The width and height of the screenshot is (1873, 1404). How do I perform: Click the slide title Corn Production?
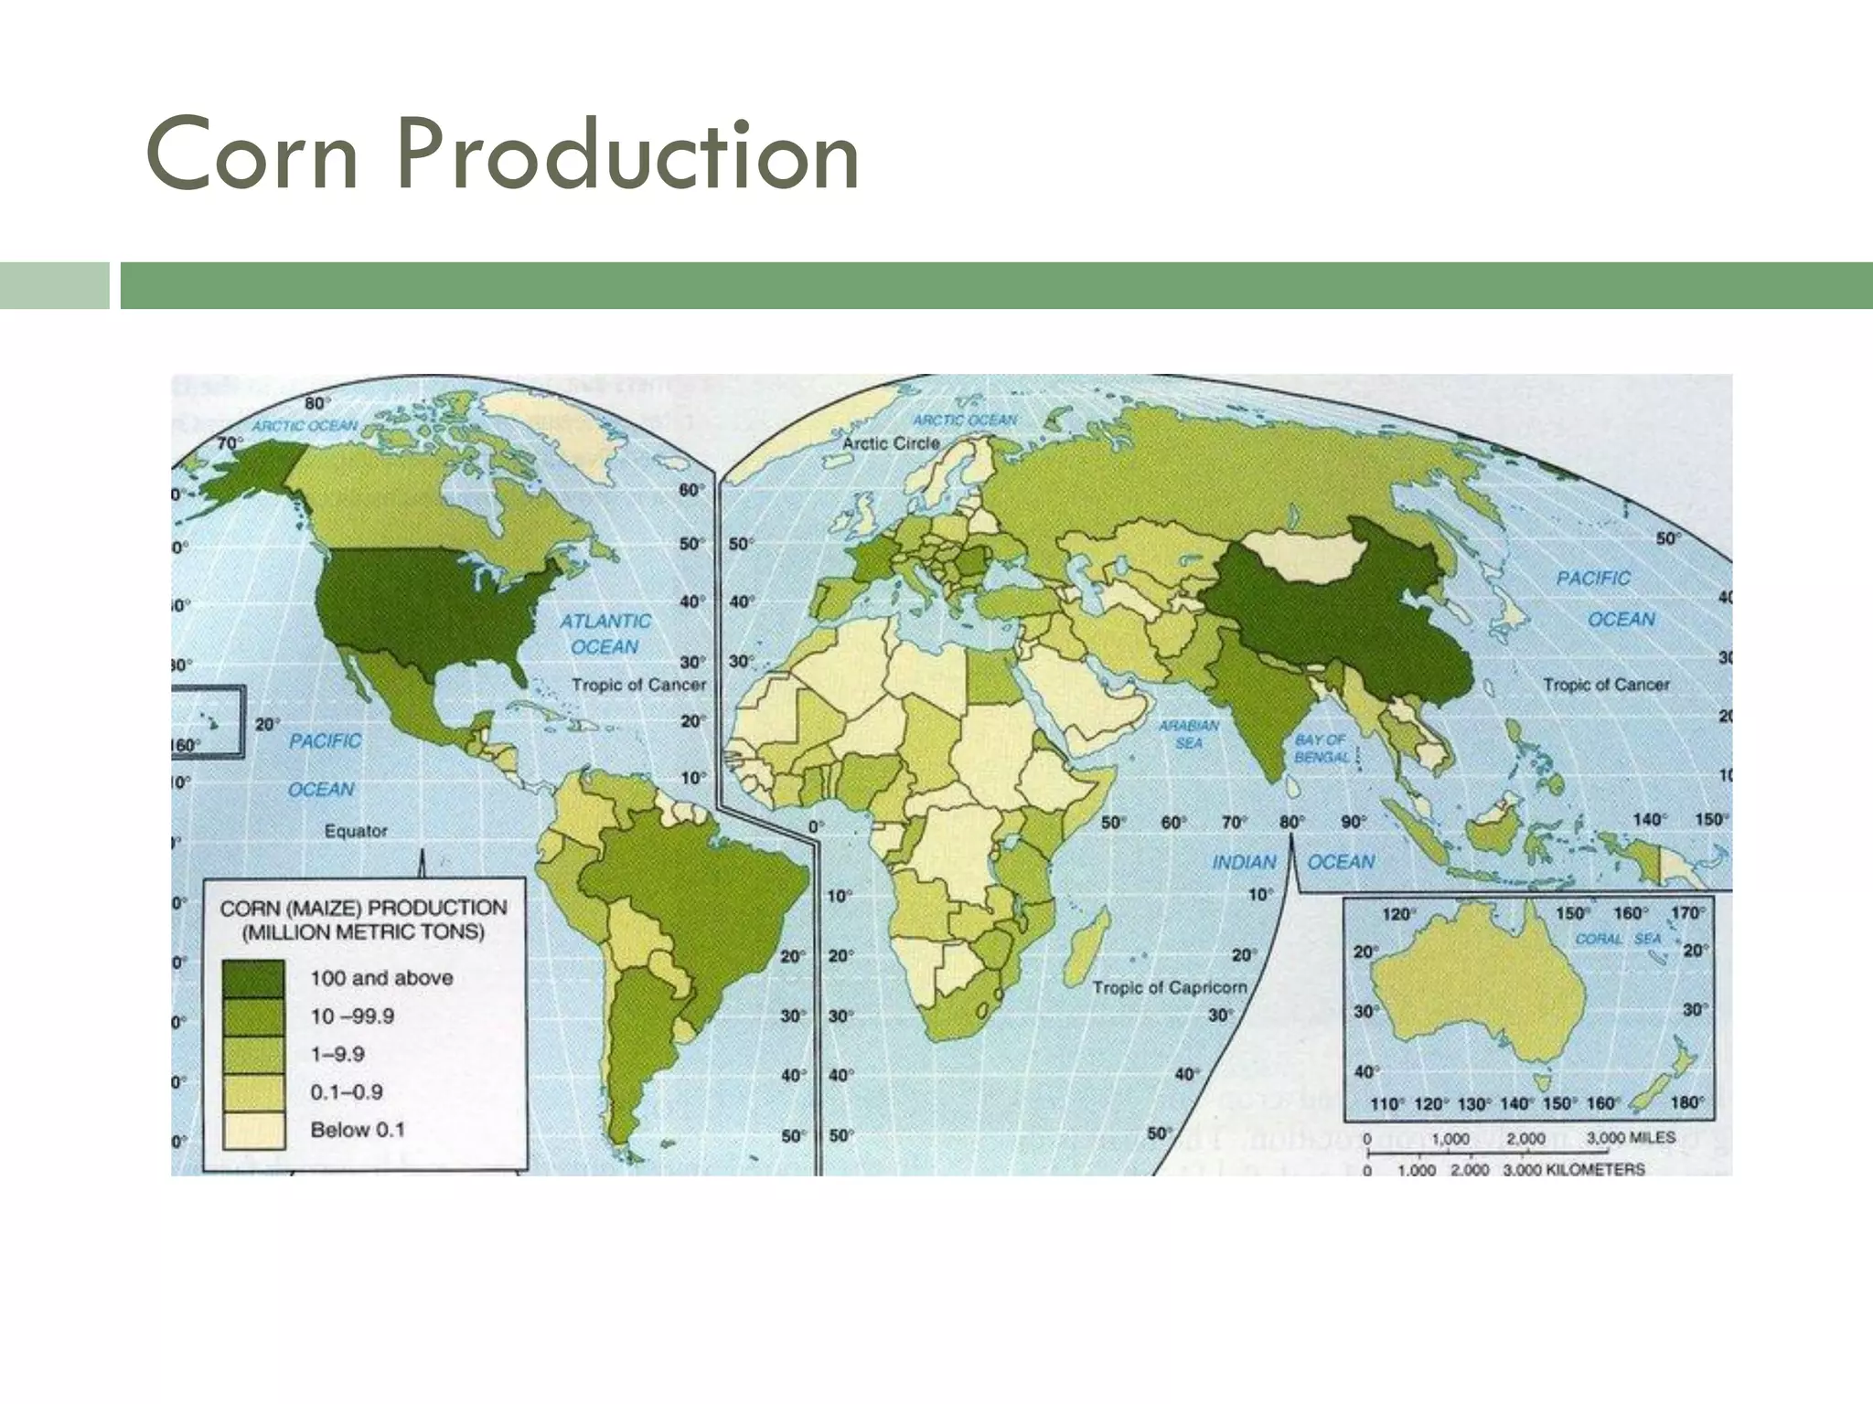(x=502, y=155)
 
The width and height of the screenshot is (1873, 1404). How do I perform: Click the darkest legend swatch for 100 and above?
(x=253, y=978)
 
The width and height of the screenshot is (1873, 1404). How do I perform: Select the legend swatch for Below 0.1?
(x=253, y=1131)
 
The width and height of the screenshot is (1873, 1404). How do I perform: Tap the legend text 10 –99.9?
(x=352, y=1016)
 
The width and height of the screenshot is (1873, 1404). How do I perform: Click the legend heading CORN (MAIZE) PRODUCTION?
(x=363, y=908)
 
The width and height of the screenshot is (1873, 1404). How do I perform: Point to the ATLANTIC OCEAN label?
(x=605, y=633)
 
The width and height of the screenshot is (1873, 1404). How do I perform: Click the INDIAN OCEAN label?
(x=1291, y=862)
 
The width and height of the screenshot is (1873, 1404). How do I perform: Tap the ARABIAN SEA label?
(x=1189, y=734)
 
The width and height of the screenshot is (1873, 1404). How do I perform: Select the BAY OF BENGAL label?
(x=1321, y=748)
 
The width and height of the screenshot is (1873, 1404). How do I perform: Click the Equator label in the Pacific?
(x=356, y=831)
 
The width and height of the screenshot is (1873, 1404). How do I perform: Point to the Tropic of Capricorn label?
(x=1169, y=987)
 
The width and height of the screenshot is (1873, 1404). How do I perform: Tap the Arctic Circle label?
(x=891, y=443)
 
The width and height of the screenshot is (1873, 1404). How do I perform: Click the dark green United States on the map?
(x=421, y=603)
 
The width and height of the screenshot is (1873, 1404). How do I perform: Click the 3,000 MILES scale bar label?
(x=1630, y=1138)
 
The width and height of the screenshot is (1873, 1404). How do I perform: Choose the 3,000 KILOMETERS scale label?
(x=1573, y=1169)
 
